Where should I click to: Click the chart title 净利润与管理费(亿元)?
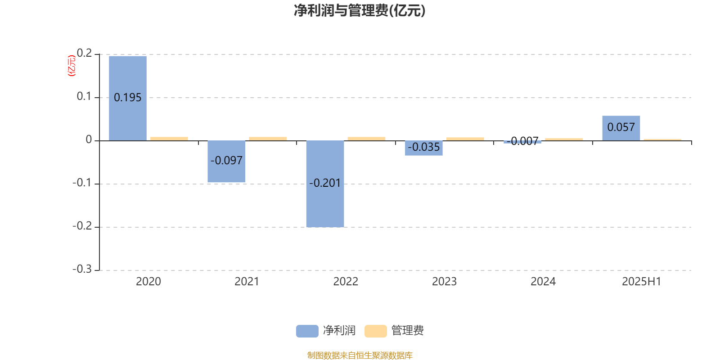point(360,11)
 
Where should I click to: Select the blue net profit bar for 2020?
point(128,99)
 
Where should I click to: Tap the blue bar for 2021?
point(226,162)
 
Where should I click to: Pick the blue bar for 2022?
point(325,184)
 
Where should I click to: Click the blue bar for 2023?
point(423,148)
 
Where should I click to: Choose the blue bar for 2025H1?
point(621,128)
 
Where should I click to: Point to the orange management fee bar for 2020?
point(169,139)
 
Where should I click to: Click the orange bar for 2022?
point(366,139)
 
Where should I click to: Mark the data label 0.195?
point(128,97)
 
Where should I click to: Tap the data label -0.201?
point(324,183)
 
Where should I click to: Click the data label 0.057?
point(621,127)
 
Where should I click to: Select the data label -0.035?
point(423,147)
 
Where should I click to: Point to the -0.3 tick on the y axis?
point(82,269)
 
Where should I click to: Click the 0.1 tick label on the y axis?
point(84,96)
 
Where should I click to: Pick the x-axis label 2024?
point(543,282)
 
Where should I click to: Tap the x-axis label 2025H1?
point(642,282)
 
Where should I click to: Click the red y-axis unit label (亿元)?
point(72,66)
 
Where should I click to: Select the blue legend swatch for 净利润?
point(307,331)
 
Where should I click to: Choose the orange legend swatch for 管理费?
point(375,331)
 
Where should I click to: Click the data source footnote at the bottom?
point(360,355)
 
